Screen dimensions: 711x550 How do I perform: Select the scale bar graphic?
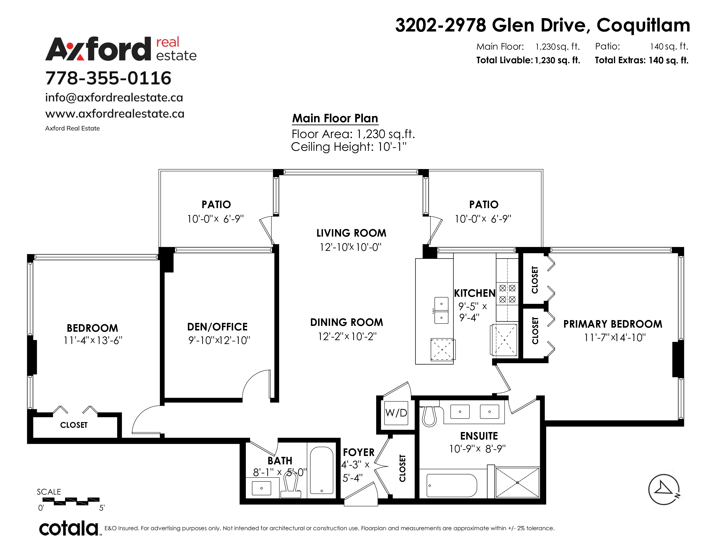tap(76, 501)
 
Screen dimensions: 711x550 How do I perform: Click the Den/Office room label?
tap(217, 327)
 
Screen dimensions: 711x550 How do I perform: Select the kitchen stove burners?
tap(507, 294)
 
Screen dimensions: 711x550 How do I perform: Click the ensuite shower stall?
tap(517, 482)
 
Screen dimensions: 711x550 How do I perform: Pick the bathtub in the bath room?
tap(321, 470)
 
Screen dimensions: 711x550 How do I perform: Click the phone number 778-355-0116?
tap(108, 78)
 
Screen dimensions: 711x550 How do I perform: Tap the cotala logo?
tap(69, 528)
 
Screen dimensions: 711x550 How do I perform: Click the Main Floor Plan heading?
tap(335, 118)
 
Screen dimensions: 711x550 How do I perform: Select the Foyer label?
tap(359, 452)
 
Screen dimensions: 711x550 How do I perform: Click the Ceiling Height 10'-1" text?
tap(349, 147)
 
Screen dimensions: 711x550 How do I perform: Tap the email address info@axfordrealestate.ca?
tap(114, 97)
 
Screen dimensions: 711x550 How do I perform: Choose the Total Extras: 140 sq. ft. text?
tap(642, 60)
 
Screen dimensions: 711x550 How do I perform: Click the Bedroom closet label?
tap(74, 425)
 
